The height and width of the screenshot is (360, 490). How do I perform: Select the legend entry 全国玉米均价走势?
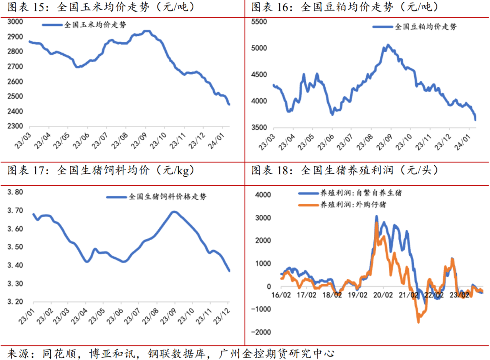click(95, 25)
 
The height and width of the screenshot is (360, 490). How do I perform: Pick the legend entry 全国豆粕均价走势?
click(426, 26)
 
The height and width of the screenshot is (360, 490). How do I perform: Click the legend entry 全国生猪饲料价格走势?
click(167, 197)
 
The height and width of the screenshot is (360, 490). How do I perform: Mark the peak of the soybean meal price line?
click(387, 45)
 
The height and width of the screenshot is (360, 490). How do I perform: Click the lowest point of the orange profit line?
click(418, 322)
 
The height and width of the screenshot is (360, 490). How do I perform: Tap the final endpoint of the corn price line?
click(229, 104)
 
